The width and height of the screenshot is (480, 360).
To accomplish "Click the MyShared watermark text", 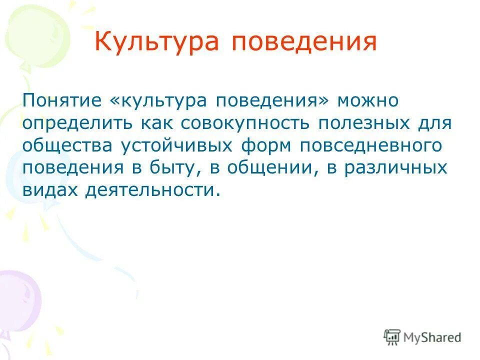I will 432,337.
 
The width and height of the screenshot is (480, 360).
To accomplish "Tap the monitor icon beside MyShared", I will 392,337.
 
